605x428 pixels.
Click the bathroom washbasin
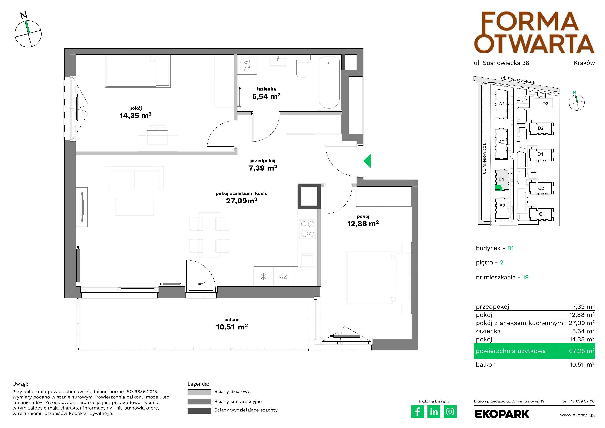click(278, 60)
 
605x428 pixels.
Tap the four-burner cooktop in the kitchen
click(308, 229)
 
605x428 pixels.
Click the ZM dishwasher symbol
click(283, 276)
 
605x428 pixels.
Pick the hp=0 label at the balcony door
click(201, 284)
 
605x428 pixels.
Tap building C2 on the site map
click(541, 188)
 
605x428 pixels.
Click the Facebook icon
click(417, 412)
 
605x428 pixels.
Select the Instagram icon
click(450, 412)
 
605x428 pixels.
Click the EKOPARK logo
click(502, 414)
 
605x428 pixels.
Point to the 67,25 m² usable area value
click(582, 351)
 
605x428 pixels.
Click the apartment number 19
click(525, 277)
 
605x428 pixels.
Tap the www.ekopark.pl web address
click(578, 415)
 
